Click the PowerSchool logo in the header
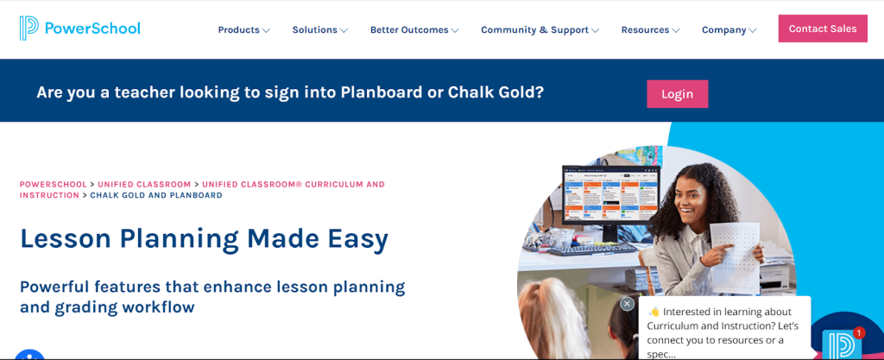tap(79, 28)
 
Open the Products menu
tap(243, 30)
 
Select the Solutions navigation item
tap(319, 30)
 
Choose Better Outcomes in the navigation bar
tap(414, 30)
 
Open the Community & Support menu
tap(540, 30)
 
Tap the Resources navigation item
tap(650, 30)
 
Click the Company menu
tap(729, 30)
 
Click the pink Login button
tap(677, 94)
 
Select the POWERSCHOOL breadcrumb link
tap(54, 184)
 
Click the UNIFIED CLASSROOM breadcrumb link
tap(144, 184)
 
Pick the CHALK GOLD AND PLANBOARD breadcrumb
tap(156, 195)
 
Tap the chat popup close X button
tap(627, 304)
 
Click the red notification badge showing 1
tap(859, 333)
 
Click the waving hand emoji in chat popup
tap(654, 313)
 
